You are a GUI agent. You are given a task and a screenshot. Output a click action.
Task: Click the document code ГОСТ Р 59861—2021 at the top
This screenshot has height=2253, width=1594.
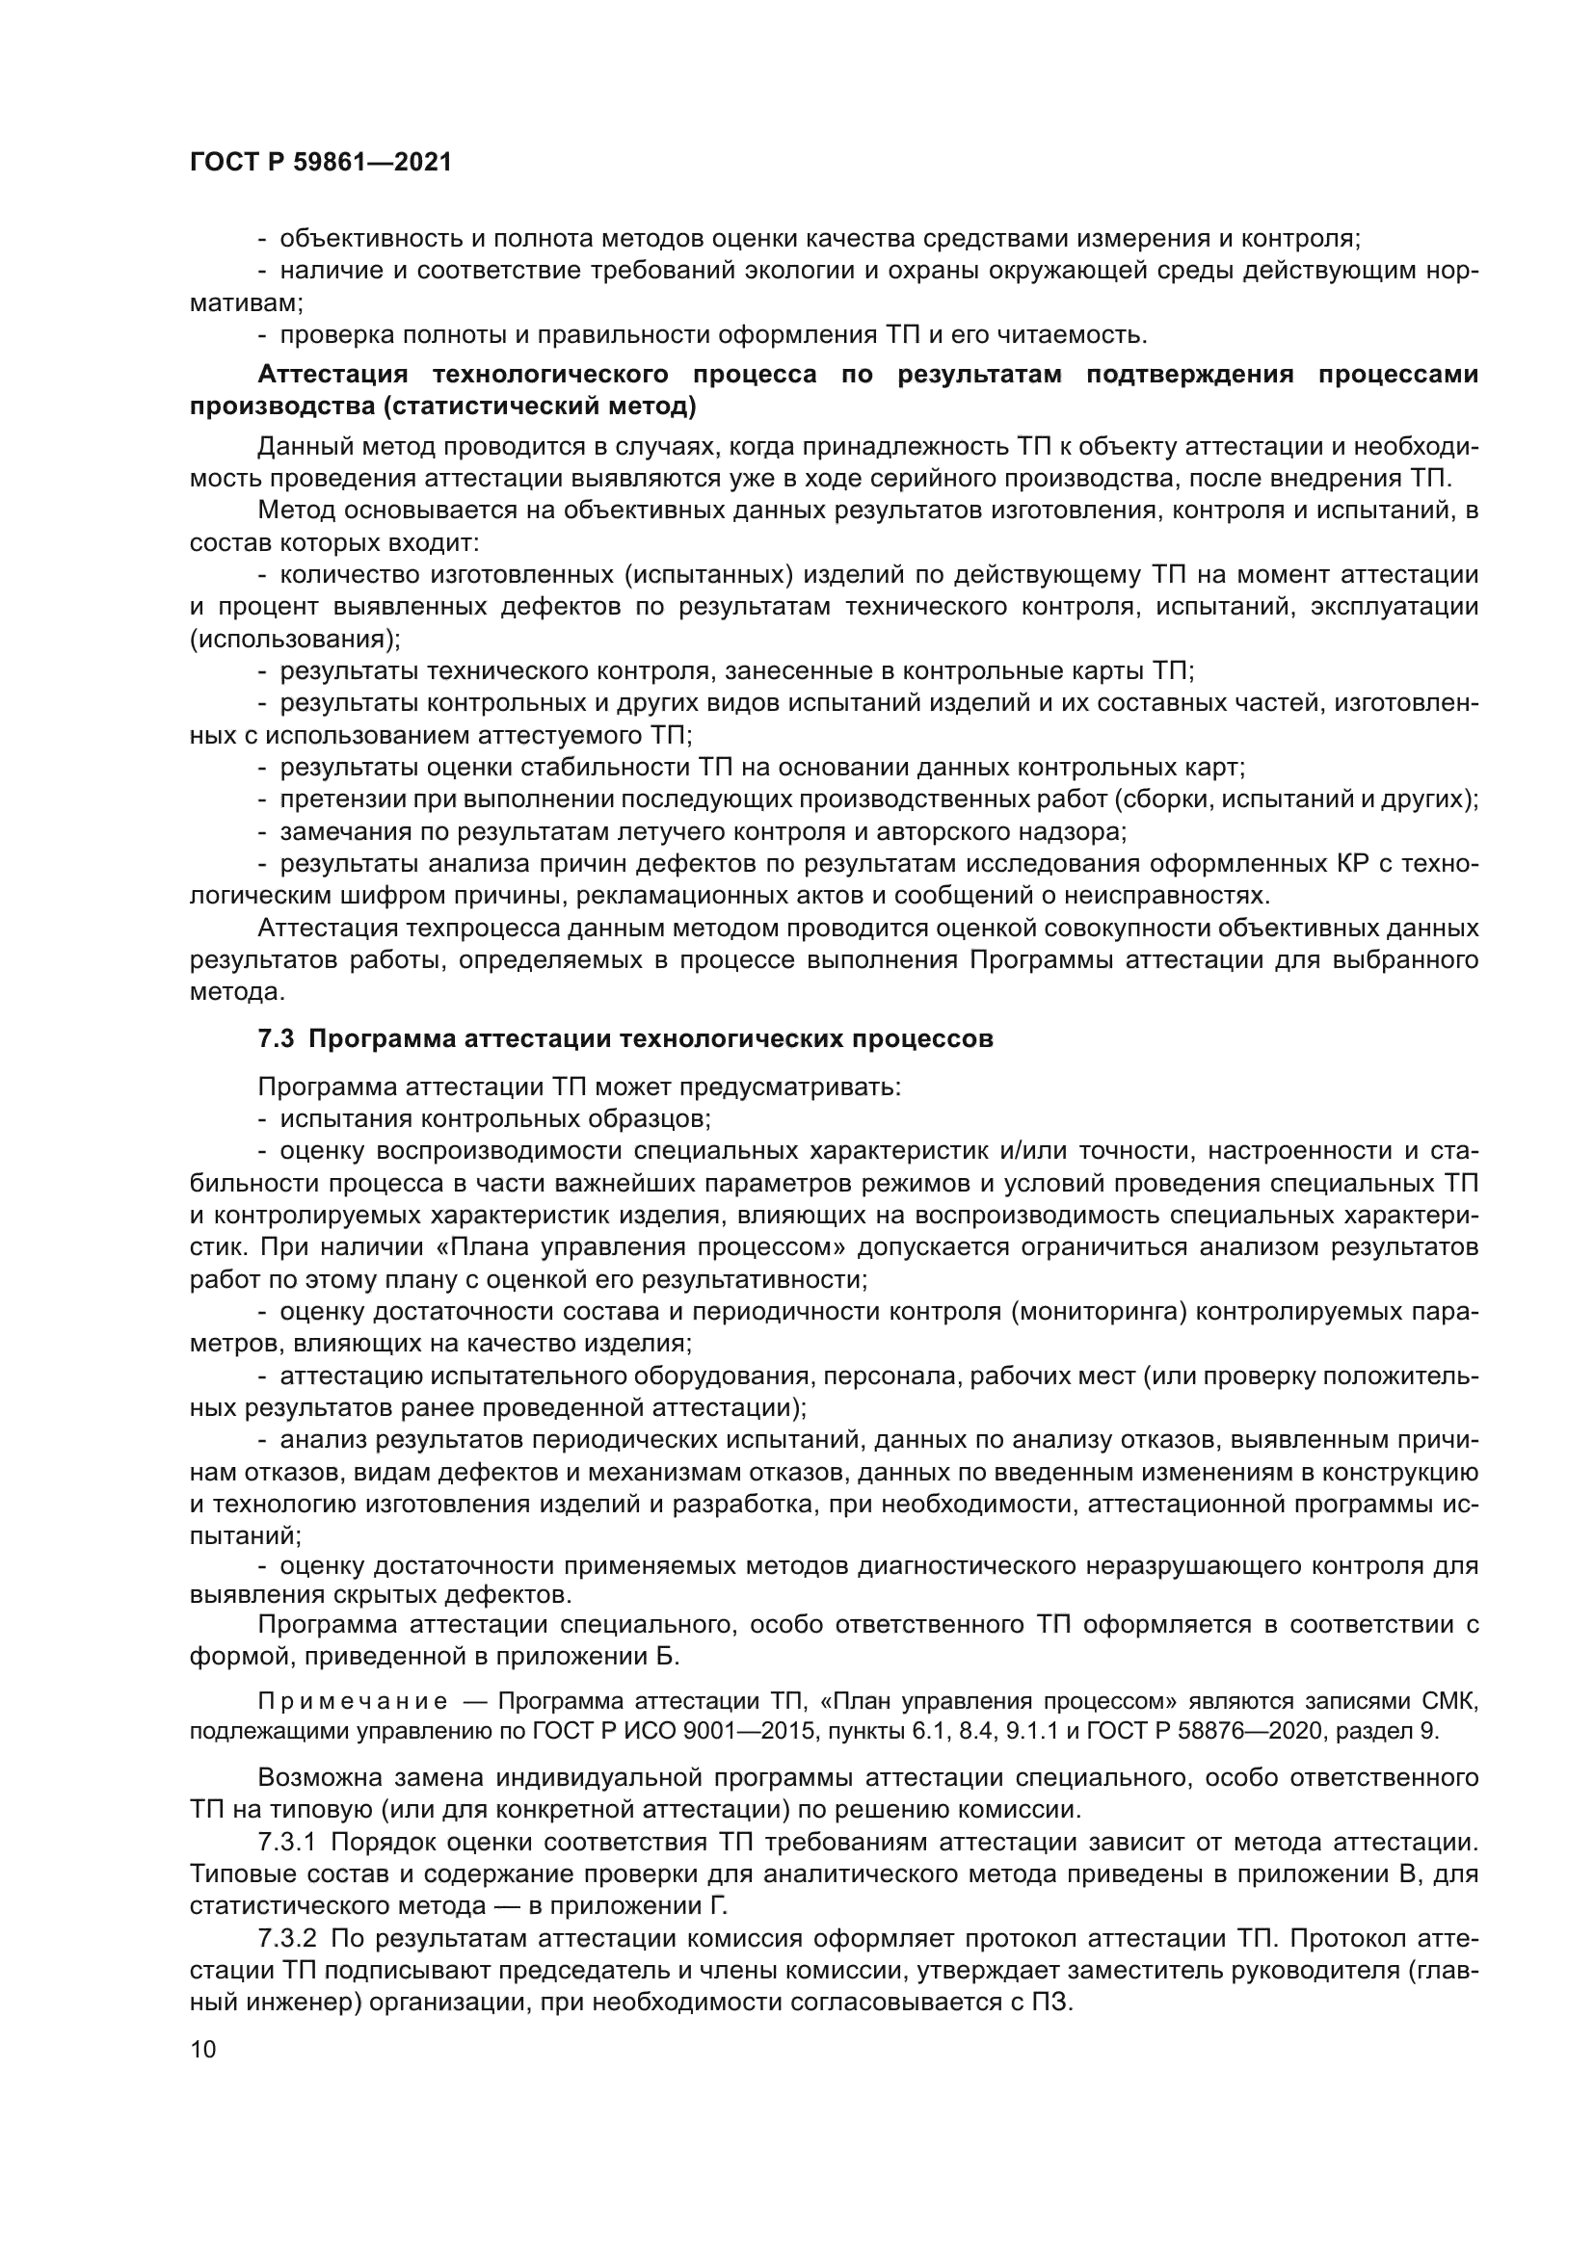tap(321, 162)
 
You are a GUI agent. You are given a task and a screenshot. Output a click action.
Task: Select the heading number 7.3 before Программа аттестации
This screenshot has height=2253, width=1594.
tap(276, 1039)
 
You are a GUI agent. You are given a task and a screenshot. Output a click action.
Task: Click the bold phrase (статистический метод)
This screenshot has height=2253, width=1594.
tap(540, 406)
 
